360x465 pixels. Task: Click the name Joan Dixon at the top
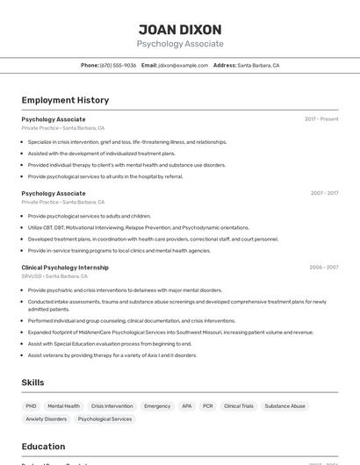click(x=180, y=30)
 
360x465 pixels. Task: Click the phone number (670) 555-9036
click(x=119, y=65)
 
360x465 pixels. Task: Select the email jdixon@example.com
click(x=183, y=65)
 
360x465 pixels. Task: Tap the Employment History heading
click(x=65, y=100)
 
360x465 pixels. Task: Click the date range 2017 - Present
click(x=321, y=119)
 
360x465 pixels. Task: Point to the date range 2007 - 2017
click(x=324, y=193)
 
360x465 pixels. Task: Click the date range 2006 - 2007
click(x=324, y=268)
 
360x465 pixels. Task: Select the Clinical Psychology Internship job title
click(x=65, y=268)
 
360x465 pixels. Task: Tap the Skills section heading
click(x=33, y=383)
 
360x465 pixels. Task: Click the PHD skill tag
click(x=31, y=406)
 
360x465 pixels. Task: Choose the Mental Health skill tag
click(x=63, y=406)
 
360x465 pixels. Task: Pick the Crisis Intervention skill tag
click(x=112, y=406)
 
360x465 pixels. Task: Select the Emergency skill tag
click(x=157, y=406)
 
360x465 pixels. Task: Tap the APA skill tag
click(x=186, y=406)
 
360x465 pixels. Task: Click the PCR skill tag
click(x=208, y=406)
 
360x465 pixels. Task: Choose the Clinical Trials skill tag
click(x=239, y=406)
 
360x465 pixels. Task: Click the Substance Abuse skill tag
click(x=285, y=406)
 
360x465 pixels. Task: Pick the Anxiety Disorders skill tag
click(x=46, y=419)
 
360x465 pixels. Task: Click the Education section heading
click(x=44, y=447)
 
